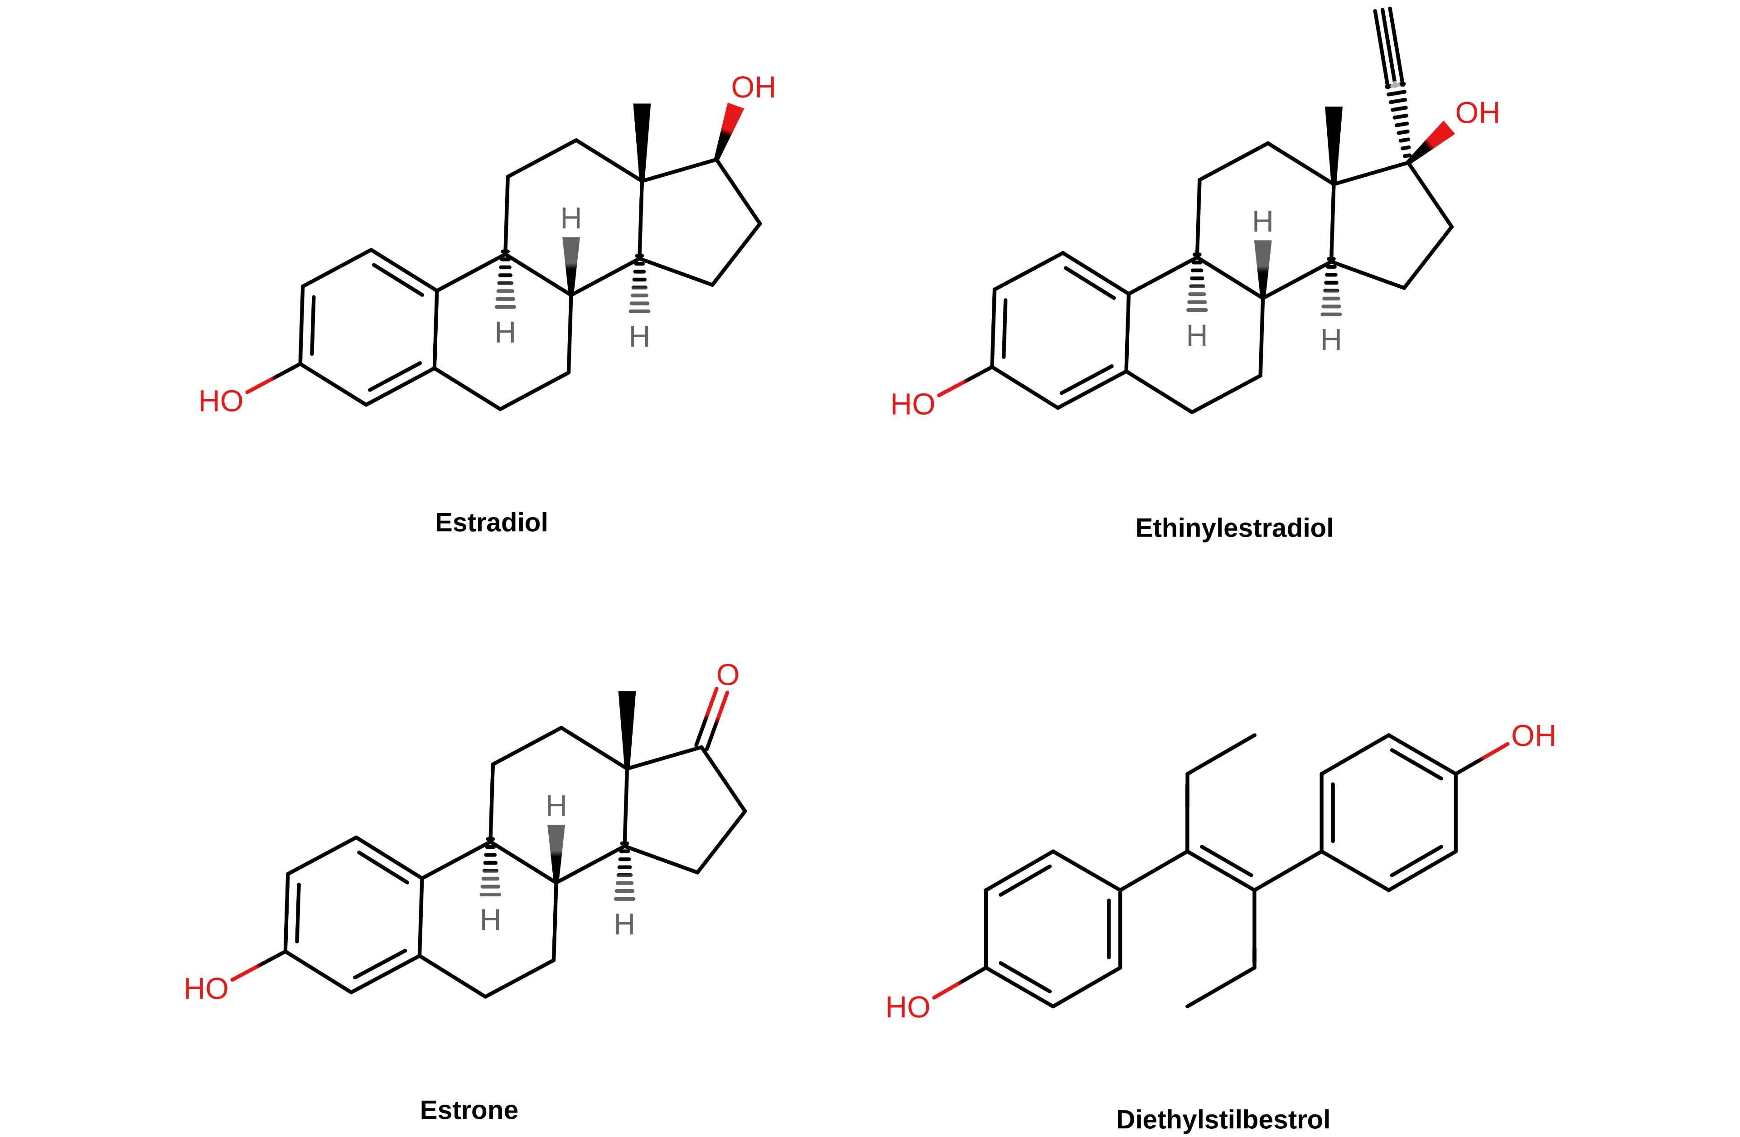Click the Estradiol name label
click(491, 523)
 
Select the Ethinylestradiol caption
click(1233, 528)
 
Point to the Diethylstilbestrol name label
click(1223, 1119)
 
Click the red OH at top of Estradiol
click(753, 88)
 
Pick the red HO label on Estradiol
click(220, 402)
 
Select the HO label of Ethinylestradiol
click(913, 404)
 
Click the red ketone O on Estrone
click(727, 675)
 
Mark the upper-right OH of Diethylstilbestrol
click(1533, 736)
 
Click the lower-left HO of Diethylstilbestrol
click(907, 1007)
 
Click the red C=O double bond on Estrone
click(712, 718)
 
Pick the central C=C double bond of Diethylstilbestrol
click(1220, 870)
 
